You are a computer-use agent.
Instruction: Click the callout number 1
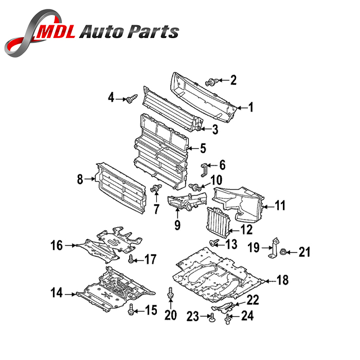point(251,107)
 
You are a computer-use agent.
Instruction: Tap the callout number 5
point(203,149)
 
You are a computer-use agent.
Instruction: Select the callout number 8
point(80,179)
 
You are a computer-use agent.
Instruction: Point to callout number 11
point(279,206)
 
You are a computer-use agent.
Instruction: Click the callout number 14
point(56,294)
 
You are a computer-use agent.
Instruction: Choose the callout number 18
point(283,280)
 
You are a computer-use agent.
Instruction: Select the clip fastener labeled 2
point(212,81)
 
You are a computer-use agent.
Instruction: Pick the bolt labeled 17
point(131,259)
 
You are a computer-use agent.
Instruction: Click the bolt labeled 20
point(170,296)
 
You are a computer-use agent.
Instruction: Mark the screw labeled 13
point(213,242)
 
